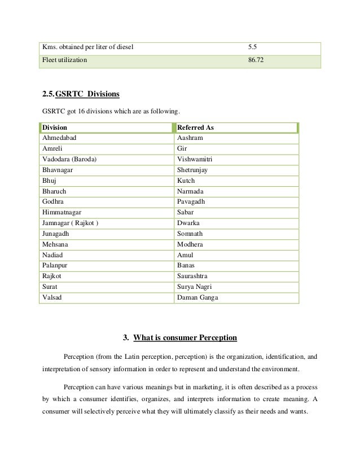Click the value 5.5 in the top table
(253, 45)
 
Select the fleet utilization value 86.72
(256, 59)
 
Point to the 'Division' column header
(55, 128)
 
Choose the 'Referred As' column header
(195, 128)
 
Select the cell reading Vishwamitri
(195, 159)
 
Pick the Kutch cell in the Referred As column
(186, 181)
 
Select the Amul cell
(185, 255)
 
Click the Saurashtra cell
(194, 276)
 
